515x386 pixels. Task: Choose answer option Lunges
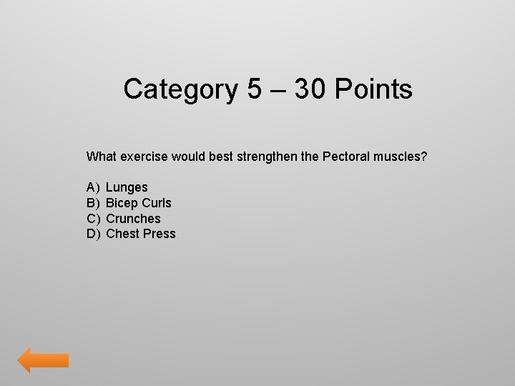coord(127,187)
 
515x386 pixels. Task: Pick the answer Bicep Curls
coord(139,203)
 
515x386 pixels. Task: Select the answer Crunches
coord(133,219)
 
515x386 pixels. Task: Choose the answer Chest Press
coord(140,234)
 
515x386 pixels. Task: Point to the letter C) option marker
coord(93,219)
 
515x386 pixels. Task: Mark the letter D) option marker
coord(93,234)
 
